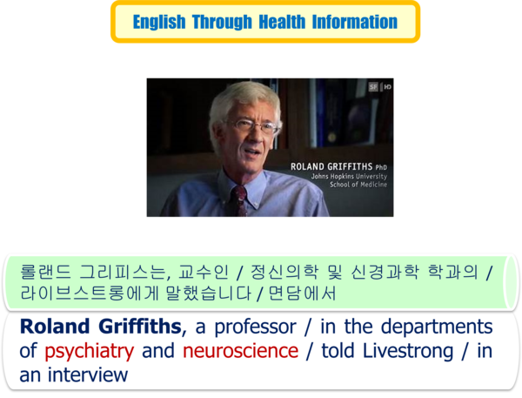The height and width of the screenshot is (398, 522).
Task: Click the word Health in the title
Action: pyautogui.click(x=282, y=22)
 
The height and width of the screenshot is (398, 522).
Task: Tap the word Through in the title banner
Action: pyautogui.click(x=222, y=22)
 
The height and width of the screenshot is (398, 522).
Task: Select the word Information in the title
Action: pyautogui.click(x=355, y=22)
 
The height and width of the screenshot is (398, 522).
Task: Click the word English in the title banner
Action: pyautogui.click(x=159, y=23)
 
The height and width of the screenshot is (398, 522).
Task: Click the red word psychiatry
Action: pyautogui.click(x=90, y=351)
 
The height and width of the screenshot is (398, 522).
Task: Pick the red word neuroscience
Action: pyautogui.click(x=240, y=351)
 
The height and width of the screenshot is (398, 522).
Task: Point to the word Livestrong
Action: pyautogui.click(x=408, y=351)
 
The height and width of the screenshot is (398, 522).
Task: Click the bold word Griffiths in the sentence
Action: pyautogui.click(x=140, y=326)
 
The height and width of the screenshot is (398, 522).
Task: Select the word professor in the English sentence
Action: pyautogui.click(x=255, y=327)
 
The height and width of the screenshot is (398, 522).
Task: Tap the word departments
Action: pyautogui.click(x=437, y=327)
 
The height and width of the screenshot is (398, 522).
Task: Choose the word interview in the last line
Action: pyautogui.click(x=88, y=375)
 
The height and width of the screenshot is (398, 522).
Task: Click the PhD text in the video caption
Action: pyautogui.click(x=381, y=167)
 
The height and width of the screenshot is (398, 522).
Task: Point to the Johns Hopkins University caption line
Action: pyautogui.click(x=349, y=176)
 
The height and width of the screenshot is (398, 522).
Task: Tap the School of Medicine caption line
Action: pyautogui.click(x=358, y=185)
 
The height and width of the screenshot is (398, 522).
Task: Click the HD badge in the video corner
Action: pyautogui.click(x=387, y=87)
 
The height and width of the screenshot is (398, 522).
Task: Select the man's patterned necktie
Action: pyautogui.click(x=240, y=200)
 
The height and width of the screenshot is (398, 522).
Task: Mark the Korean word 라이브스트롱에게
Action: pyautogui.click(x=89, y=293)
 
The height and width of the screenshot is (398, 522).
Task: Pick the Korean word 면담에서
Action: pyautogui.click(x=302, y=293)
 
